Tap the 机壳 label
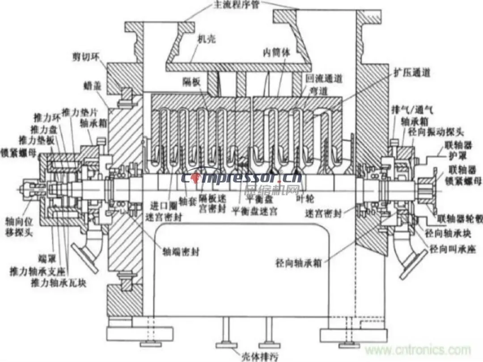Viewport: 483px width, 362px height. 206,39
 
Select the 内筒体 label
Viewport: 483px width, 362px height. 276,53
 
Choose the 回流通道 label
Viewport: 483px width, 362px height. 324,79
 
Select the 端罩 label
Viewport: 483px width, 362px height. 44,258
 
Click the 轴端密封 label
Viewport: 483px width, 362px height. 181,252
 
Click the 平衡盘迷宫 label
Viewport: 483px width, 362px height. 254,211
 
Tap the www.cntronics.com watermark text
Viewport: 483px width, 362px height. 416,349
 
